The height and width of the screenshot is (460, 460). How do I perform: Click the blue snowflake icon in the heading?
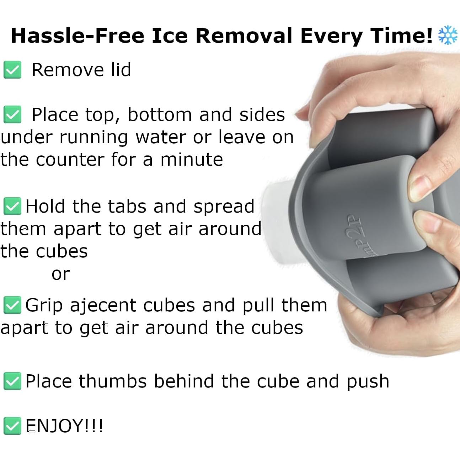[x=448, y=35]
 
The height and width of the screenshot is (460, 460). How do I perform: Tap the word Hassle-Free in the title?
[x=77, y=36]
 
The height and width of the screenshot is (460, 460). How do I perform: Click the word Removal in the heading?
[x=244, y=36]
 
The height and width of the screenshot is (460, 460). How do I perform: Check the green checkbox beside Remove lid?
[x=12, y=70]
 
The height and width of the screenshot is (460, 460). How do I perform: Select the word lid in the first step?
[x=121, y=70]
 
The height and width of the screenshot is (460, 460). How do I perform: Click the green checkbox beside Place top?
[x=12, y=114]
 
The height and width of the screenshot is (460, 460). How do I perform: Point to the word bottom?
[x=160, y=114]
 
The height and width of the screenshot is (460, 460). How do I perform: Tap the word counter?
[x=70, y=160]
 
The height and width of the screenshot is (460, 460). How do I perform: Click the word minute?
[x=192, y=159]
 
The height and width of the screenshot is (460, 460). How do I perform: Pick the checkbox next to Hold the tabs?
[x=12, y=206]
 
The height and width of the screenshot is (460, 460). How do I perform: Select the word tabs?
[x=127, y=206]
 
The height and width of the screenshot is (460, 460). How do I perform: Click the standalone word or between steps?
[x=61, y=274]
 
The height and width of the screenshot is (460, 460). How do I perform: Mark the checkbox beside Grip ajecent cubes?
[x=12, y=305]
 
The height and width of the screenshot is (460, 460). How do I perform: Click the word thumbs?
[x=113, y=381]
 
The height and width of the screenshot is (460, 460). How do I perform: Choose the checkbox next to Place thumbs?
[x=12, y=381]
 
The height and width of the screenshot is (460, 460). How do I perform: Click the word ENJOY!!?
[x=64, y=426]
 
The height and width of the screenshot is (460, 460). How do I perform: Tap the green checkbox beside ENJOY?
[x=12, y=426]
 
